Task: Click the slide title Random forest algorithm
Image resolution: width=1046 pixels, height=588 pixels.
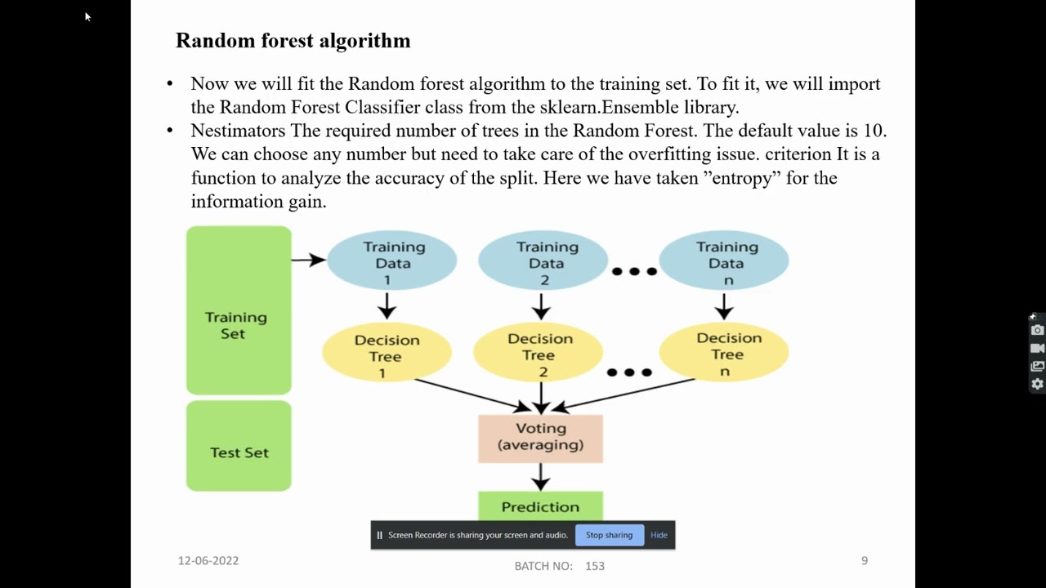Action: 293,41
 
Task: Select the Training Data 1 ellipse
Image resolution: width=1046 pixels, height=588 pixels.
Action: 392,262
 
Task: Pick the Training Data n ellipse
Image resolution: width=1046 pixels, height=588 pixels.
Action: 725,262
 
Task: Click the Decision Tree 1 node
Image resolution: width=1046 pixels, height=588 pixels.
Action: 387,355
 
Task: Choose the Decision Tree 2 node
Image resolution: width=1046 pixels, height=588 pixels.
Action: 539,354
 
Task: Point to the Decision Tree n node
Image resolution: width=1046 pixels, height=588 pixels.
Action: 725,354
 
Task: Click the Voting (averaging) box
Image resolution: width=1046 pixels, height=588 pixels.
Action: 540,438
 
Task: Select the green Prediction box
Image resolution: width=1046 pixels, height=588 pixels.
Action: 540,506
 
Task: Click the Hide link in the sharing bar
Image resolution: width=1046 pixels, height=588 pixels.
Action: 659,536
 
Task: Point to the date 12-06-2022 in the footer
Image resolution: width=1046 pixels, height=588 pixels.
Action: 208,560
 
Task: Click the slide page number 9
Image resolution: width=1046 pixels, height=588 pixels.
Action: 864,560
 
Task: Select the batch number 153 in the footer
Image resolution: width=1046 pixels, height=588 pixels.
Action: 594,565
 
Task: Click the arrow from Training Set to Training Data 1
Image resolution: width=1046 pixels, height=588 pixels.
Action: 308,260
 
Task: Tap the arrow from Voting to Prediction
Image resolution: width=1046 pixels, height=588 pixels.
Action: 540,477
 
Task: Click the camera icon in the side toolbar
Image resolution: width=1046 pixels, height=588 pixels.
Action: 1037,330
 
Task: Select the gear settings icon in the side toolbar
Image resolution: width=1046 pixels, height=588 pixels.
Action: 1037,384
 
